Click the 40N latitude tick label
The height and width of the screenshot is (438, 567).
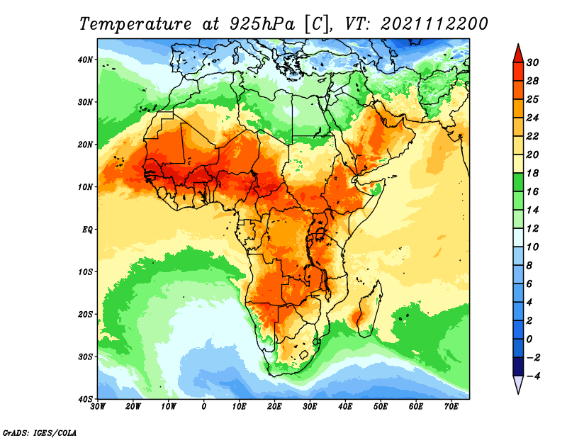click(x=85, y=60)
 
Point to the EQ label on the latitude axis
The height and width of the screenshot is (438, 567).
click(x=87, y=230)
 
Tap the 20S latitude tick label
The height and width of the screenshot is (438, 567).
click(x=85, y=314)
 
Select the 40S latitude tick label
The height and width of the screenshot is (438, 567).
click(x=85, y=399)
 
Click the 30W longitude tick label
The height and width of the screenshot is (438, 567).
click(x=98, y=407)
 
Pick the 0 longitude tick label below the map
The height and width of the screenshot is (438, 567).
click(x=204, y=407)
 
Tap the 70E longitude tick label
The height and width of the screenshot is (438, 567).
click(x=451, y=407)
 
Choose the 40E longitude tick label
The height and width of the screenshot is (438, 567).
click(x=345, y=407)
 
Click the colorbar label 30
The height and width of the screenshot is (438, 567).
click(x=532, y=62)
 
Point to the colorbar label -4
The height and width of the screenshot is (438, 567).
click(x=532, y=376)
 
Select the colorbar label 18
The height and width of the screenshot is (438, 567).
click(x=532, y=173)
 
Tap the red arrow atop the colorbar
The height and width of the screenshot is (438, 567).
click(x=518, y=53)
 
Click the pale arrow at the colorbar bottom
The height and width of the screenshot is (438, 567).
click(x=518, y=385)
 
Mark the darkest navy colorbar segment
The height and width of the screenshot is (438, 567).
click(x=518, y=366)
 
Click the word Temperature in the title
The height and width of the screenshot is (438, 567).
click(x=135, y=24)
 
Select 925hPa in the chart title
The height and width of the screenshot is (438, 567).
click(x=262, y=24)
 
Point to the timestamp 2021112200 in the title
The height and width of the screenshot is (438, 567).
click(x=434, y=24)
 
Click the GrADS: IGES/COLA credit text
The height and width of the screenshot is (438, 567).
click(x=40, y=432)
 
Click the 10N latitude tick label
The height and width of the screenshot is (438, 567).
click(x=85, y=187)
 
